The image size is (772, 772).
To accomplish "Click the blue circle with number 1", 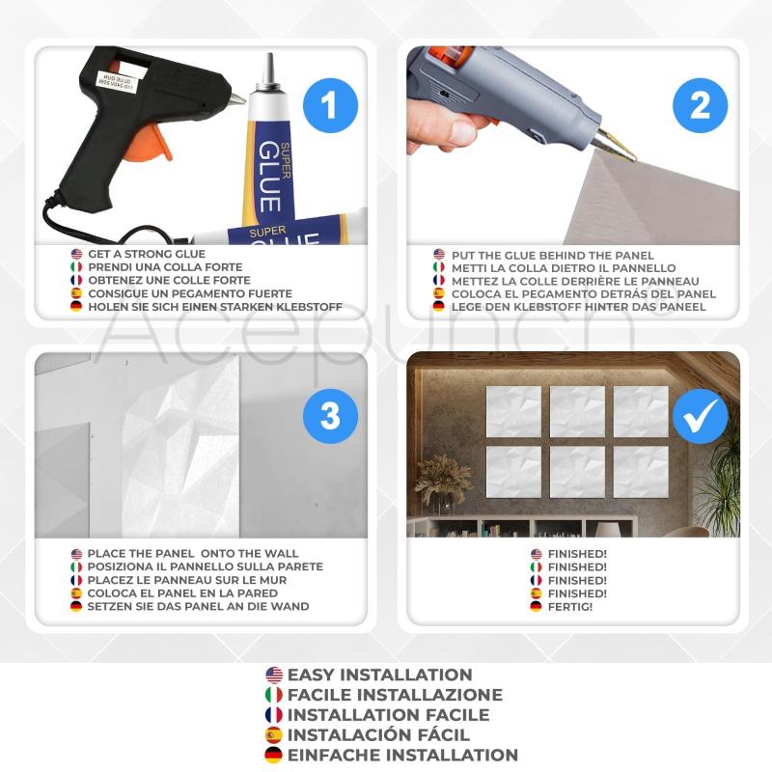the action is pyautogui.click(x=330, y=105).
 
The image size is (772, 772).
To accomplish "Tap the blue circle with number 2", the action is pyautogui.click(x=700, y=105).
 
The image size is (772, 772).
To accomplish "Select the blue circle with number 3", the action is pyautogui.click(x=330, y=416).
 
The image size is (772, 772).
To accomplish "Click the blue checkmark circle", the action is pyautogui.click(x=700, y=416).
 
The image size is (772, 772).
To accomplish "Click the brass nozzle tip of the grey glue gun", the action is pyautogui.click(x=618, y=147).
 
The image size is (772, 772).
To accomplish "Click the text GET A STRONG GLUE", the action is pyautogui.click(x=147, y=254).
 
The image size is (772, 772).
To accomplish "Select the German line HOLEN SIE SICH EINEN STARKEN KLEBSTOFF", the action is pyautogui.click(x=215, y=307).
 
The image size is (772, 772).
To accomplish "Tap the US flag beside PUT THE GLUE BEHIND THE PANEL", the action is pyautogui.click(x=439, y=255).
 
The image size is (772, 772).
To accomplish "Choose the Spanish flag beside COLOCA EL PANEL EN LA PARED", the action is pyautogui.click(x=76, y=593).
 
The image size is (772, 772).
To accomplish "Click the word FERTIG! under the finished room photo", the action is pyautogui.click(x=570, y=607).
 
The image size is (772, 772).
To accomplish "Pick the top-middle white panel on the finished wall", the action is pyautogui.click(x=577, y=412).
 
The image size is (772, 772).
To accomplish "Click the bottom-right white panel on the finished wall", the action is pyautogui.click(x=641, y=472).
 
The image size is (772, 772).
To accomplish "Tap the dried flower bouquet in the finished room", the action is pyautogui.click(x=443, y=479).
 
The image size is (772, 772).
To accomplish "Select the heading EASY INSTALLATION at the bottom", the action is pyautogui.click(x=379, y=675).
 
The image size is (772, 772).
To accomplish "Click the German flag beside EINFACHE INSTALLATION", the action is pyautogui.click(x=274, y=755).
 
